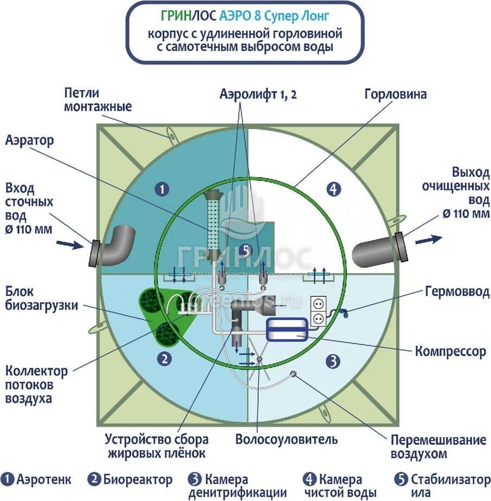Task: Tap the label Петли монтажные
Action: [x=97, y=99]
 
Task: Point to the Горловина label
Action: [x=395, y=94]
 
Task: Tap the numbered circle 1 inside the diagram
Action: [x=161, y=189]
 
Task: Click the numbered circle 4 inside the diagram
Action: [x=335, y=189]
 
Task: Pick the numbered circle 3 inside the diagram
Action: [x=334, y=360]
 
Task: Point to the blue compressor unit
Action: [x=287, y=329]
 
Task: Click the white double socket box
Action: [x=318, y=312]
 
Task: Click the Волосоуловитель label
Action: [x=286, y=438]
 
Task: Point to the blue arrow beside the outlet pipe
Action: [x=429, y=238]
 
